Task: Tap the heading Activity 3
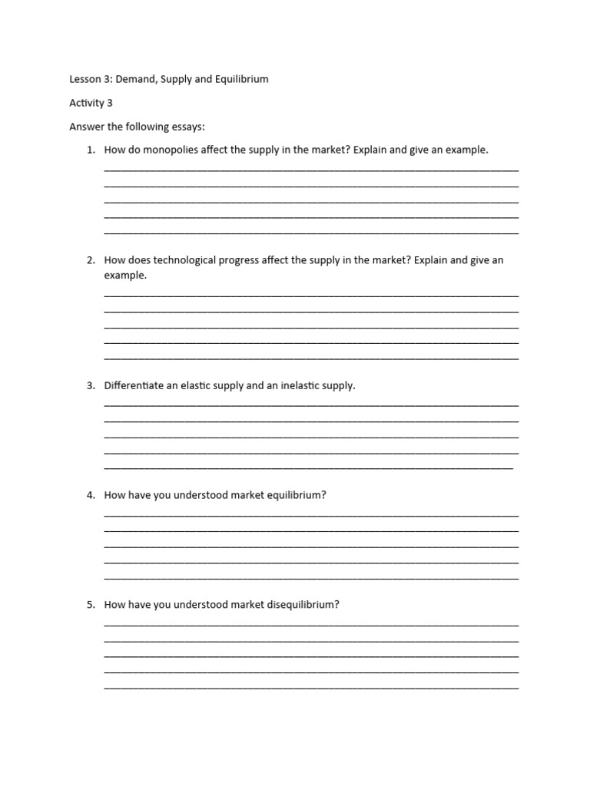[x=91, y=102]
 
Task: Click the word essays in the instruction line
[x=187, y=126]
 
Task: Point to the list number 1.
[x=91, y=150]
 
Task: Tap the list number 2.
[x=91, y=260]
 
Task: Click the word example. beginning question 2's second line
[x=125, y=275]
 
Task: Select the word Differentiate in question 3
[x=134, y=385]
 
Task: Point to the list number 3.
[x=91, y=385]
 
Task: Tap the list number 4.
[x=91, y=495]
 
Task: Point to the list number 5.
[x=91, y=605]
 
